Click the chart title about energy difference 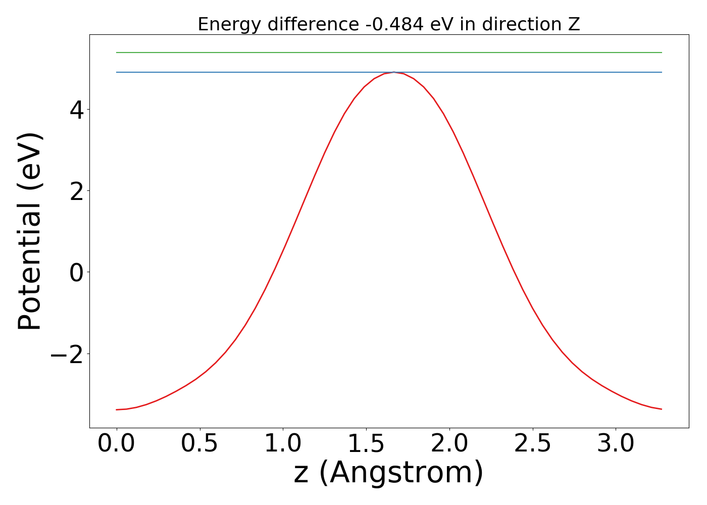pos(388,24)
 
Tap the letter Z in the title pos(574,24)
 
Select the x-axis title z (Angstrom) pos(388,473)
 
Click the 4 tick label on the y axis pos(77,110)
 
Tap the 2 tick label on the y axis pos(77,191)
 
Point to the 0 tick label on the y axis pos(77,272)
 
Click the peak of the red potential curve pos(394,73)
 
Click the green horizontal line pos(389,53)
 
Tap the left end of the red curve pos(117,410)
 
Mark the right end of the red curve pos(662,409)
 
